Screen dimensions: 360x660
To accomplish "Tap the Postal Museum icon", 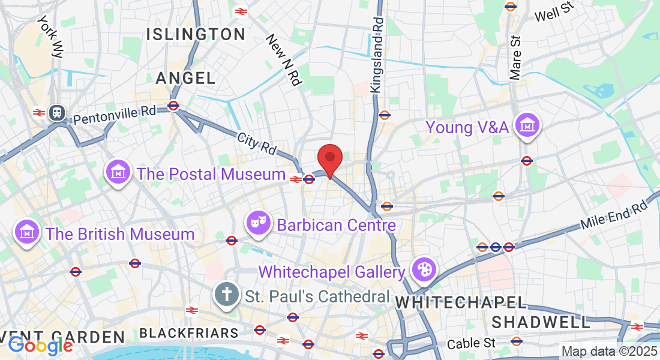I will click(118, 173).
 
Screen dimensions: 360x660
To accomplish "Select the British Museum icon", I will click(27, 233).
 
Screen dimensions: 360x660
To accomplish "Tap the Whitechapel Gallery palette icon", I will click(424, 271).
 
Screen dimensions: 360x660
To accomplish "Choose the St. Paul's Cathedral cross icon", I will click(226, 295).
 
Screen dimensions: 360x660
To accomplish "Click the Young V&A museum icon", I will click(527, 126).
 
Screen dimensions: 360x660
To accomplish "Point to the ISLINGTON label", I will click(196, 34).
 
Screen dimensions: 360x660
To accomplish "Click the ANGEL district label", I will click(185, 78).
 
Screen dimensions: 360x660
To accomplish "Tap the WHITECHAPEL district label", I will click(461, 303).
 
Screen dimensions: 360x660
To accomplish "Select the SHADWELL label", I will click(541, 322).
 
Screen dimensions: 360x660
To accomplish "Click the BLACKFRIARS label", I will click(188, 332).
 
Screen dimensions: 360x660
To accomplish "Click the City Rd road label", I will click(256, 143).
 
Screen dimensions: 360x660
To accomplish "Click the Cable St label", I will click(473, 343).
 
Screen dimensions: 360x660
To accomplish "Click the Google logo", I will click(40, 345).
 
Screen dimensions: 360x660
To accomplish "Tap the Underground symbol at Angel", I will click(173, 106).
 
